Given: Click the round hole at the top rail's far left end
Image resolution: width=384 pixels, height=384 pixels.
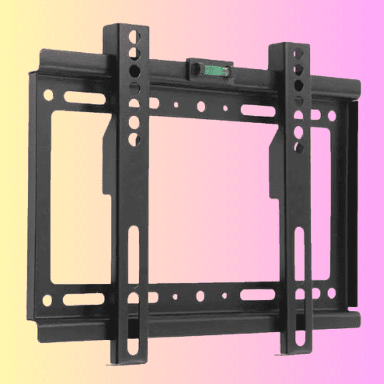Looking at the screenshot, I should point(48,95).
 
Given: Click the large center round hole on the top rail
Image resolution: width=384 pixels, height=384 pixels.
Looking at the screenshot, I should point(201,107).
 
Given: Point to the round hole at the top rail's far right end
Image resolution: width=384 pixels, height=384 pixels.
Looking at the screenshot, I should point(332,115).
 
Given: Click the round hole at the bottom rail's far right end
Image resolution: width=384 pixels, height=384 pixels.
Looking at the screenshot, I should point(332,293).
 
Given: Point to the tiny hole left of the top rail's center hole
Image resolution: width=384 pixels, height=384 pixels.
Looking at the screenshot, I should point(176,105).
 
